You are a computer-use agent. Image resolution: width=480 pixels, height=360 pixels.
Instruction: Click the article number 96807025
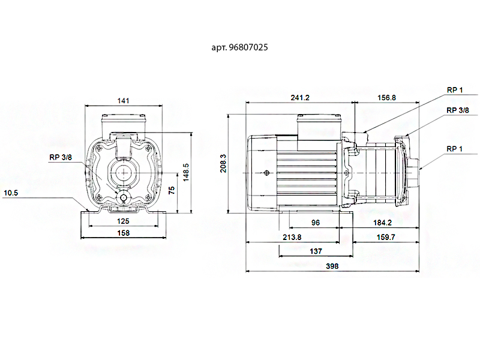(248, 47)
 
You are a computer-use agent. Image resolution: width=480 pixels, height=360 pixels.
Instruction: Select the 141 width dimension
(124, 101)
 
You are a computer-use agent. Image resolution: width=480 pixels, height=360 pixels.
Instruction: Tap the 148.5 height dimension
(186, 172)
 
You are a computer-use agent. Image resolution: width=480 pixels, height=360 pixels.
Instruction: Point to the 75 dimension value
(172, 190)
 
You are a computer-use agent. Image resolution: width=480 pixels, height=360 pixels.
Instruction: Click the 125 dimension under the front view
(123, 221)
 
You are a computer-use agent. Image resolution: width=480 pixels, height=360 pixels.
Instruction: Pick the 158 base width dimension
(124, 233)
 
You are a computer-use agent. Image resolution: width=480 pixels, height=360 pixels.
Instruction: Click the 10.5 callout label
(11, 193)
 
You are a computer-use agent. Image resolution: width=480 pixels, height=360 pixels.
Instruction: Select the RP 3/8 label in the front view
(61, 157)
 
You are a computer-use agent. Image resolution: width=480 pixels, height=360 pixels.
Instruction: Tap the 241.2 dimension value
(300, 98)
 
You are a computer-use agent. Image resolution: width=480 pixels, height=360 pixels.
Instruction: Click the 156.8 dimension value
(386, 98)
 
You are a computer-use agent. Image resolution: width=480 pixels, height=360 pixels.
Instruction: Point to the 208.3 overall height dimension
(223, 163)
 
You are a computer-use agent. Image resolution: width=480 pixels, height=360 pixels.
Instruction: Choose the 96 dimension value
(316, 223)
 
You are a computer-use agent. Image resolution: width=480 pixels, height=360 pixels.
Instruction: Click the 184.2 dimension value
(382, 223)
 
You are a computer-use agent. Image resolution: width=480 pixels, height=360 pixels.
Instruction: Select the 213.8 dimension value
(292, 237)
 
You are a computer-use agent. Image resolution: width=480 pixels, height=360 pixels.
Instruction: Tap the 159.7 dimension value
(386, 237)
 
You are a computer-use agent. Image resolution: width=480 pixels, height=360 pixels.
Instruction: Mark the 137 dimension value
(316, 251)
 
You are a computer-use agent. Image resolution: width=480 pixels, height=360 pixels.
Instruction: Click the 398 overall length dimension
(332, 266)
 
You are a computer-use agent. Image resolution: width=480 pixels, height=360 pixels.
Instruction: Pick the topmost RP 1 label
(455, 90)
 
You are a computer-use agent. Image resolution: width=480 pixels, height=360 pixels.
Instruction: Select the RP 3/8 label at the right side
(458, 110)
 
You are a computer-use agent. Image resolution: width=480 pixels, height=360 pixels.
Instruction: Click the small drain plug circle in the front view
(124, 198)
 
